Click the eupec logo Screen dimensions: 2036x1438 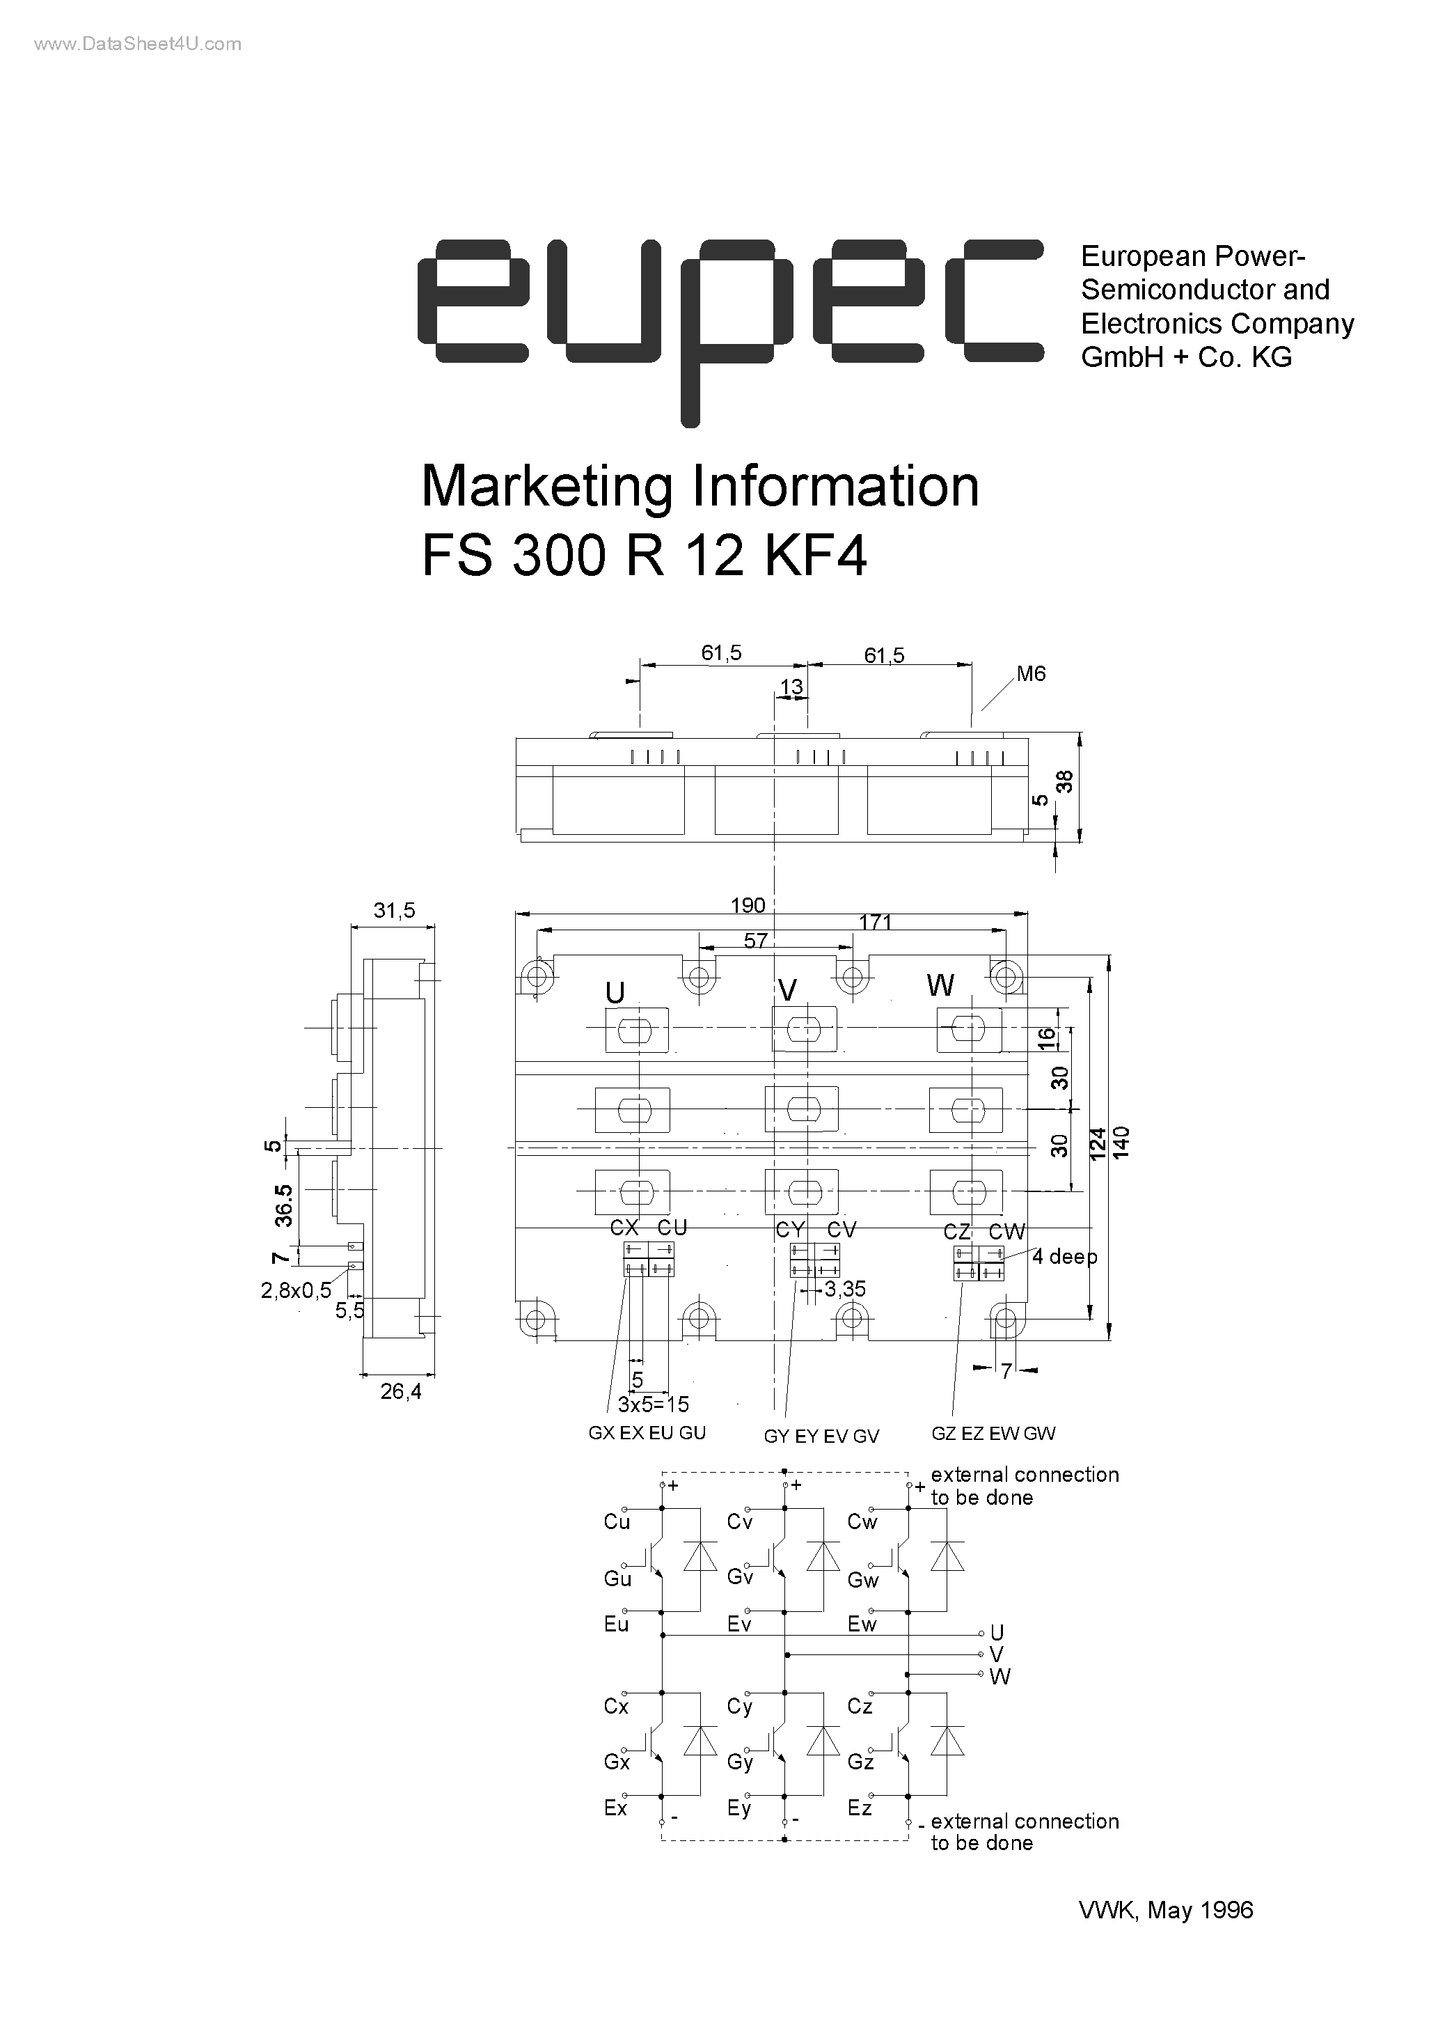pyautogui.click(x=729, y=328)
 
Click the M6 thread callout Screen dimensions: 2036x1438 pyautogui.click(x=1030, y=674)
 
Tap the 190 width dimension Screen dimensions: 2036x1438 pyautogui.click(x=748, y=905)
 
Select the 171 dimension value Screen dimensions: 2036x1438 pyautogui.click(x=875, y=922)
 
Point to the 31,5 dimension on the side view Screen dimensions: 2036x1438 pyautogui.click(x=394, y=911)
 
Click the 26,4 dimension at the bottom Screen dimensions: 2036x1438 pyautogui.click(x=401, y=1392)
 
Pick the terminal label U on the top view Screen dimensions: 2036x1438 pyautogui.click(x=615, y=993)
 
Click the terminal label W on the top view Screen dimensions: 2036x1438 pyautogui.click(x=940, y=986)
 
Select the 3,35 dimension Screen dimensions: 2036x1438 pyautogui.click(x=845, y=1290)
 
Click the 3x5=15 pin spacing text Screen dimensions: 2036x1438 pyautogui.click(x=654, y=1404)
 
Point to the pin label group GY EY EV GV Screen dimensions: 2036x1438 pyautogui.click(x=821, y=1436)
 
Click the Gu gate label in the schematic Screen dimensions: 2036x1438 pyautogui.click(x=617, y=1579)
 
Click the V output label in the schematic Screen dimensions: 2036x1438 pyautogui.click(x=997, y=1654)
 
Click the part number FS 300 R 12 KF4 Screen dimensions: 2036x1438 pyautogui.click(x=644, y=558)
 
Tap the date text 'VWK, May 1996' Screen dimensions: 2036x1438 pyautogui.click(x=1166, y=1910)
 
